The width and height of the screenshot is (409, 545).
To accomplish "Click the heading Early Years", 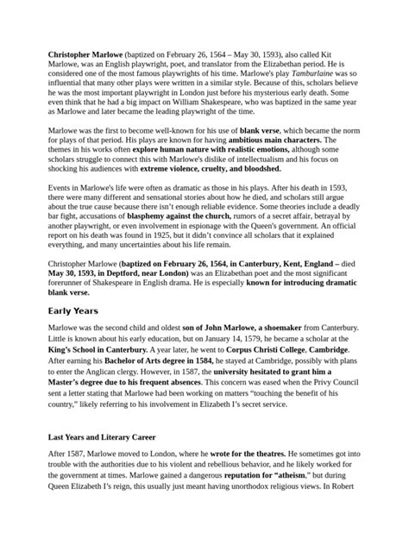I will click(74, 310).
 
